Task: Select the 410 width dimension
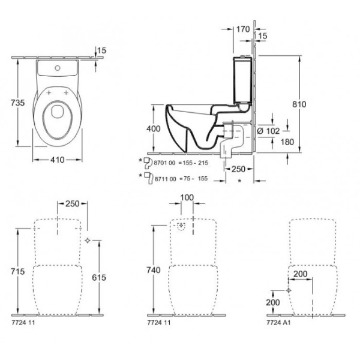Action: [x=57, y=160]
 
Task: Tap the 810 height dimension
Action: [x=299, y=104]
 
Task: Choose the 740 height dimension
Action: [x=154, y=271]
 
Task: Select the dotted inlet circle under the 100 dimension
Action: [x=181, y=226]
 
